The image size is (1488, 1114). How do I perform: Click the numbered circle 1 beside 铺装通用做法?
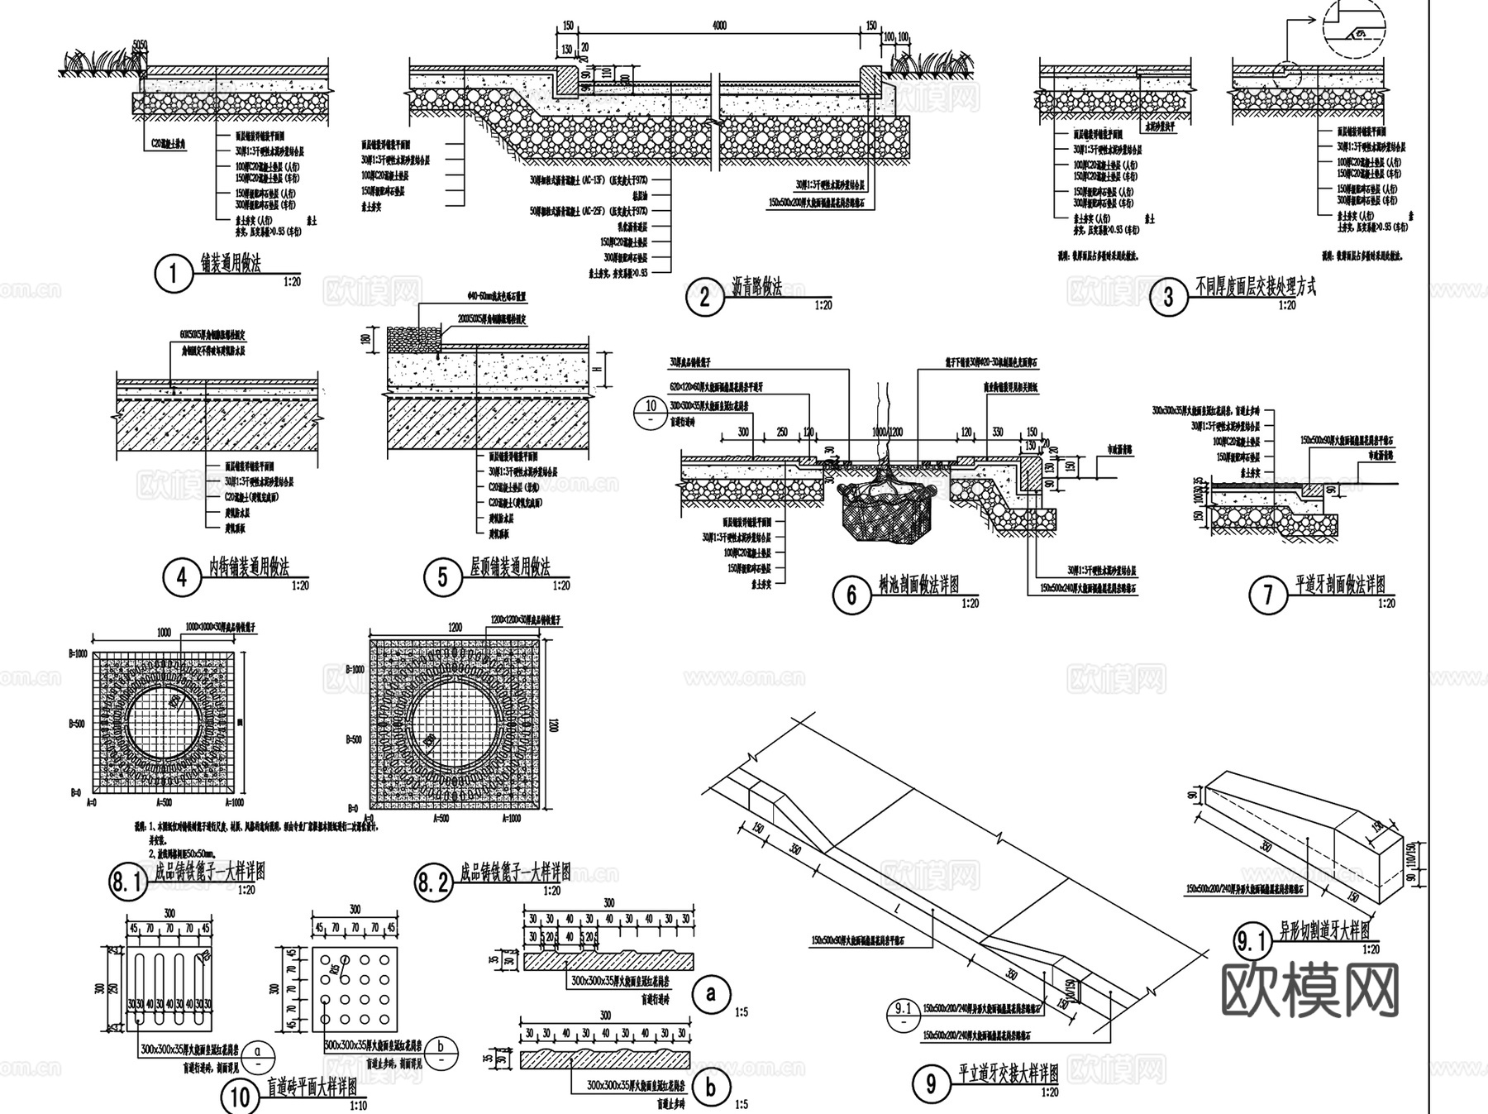pos(173,274)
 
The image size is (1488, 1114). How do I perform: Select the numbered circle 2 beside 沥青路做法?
pos(704,296)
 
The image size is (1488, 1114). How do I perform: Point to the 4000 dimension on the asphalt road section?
pos(719,26)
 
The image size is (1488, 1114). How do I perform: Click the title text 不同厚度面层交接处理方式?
pos(1256,287)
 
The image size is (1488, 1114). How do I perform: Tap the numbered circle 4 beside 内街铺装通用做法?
pos(182,576)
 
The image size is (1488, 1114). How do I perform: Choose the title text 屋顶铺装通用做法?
pos(509,567)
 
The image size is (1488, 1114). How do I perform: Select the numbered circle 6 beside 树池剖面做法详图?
pos(851,594)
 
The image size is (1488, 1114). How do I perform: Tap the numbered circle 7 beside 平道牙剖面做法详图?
pos(1268,595)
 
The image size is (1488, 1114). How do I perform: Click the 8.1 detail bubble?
pos(127,882)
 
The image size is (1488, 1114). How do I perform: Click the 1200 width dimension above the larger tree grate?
pos(455,628)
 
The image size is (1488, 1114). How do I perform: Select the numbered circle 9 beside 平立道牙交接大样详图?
pos(932,1084)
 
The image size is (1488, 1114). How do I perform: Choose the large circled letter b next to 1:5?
pos(710,1088)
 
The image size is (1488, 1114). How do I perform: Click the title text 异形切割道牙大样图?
pos(1324,930)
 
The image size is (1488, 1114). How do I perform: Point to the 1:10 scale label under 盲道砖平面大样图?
pos(359,1106)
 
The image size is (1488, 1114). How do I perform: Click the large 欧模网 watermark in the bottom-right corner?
pos(1309,989)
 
